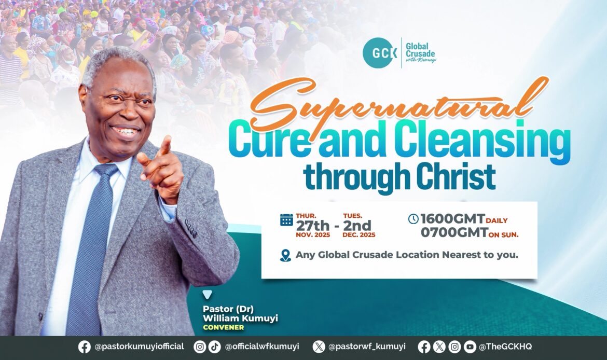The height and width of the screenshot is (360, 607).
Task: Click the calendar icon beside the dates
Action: tap(286, 219)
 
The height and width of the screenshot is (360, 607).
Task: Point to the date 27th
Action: tap(313, 225)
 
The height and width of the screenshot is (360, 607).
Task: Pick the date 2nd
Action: tap(357, 225)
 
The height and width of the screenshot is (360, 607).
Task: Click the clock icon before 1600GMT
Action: tap(413, 219)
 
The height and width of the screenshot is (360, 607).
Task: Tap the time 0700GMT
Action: tap(454, 232)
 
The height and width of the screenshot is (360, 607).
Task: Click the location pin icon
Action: tap(285, 256)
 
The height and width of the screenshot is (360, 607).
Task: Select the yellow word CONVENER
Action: tap(224, 327)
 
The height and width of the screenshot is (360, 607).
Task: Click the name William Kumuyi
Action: tap(240, 319)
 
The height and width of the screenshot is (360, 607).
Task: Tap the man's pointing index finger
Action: tap(165, 146)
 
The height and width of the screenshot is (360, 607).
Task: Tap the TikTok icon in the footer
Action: tap(214, 347)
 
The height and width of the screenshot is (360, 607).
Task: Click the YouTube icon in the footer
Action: tap(470, 347)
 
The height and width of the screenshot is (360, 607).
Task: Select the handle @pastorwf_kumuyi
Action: tap(367, 347)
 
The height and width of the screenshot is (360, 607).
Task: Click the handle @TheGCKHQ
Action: tap(505, 347)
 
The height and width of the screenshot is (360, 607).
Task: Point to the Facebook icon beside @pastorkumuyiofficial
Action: tap(85, 347)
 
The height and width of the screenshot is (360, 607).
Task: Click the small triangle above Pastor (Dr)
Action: tap(208, 295)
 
